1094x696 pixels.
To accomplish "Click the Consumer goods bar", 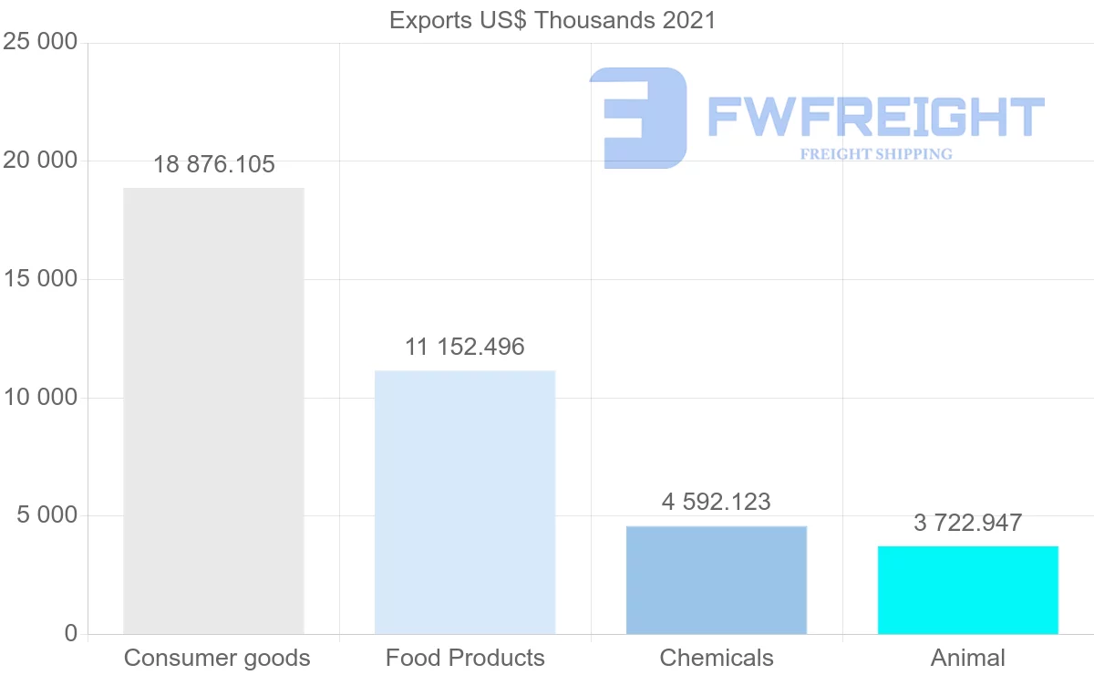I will [x=213, y=410].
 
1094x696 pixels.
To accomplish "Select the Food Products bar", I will [x=465, y=502].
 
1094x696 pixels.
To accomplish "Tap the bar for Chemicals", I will [x=717, y=580].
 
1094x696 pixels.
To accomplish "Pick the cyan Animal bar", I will [x=968, y=590].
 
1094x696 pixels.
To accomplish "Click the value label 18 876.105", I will [x=214, y=165].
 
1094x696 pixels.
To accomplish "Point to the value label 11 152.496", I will [x=465, y=347].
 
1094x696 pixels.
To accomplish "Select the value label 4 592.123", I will [x=717, y=502].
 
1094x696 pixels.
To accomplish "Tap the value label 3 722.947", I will [x=968, y=523].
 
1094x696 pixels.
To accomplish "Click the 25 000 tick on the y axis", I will [x=40, y=42].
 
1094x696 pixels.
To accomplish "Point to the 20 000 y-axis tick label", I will [x=40, y=161].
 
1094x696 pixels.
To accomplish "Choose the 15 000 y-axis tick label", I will [x=40, y=279].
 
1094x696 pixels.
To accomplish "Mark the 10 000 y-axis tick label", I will [x=40, y=398].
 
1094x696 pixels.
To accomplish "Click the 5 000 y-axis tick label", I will [x=47, y=515].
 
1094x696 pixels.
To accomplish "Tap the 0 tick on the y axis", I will [x=71, y=634].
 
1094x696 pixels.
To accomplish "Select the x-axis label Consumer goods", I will [x=217, y=658].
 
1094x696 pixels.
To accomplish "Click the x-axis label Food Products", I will [x=465, y=658].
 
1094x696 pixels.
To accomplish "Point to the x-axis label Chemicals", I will [x=717, y=658].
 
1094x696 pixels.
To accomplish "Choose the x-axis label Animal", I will [x=968, y=658].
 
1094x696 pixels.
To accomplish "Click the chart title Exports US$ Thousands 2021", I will [x=552, y=20].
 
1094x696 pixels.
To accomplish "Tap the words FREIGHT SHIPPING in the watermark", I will [x=876, y=154].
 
